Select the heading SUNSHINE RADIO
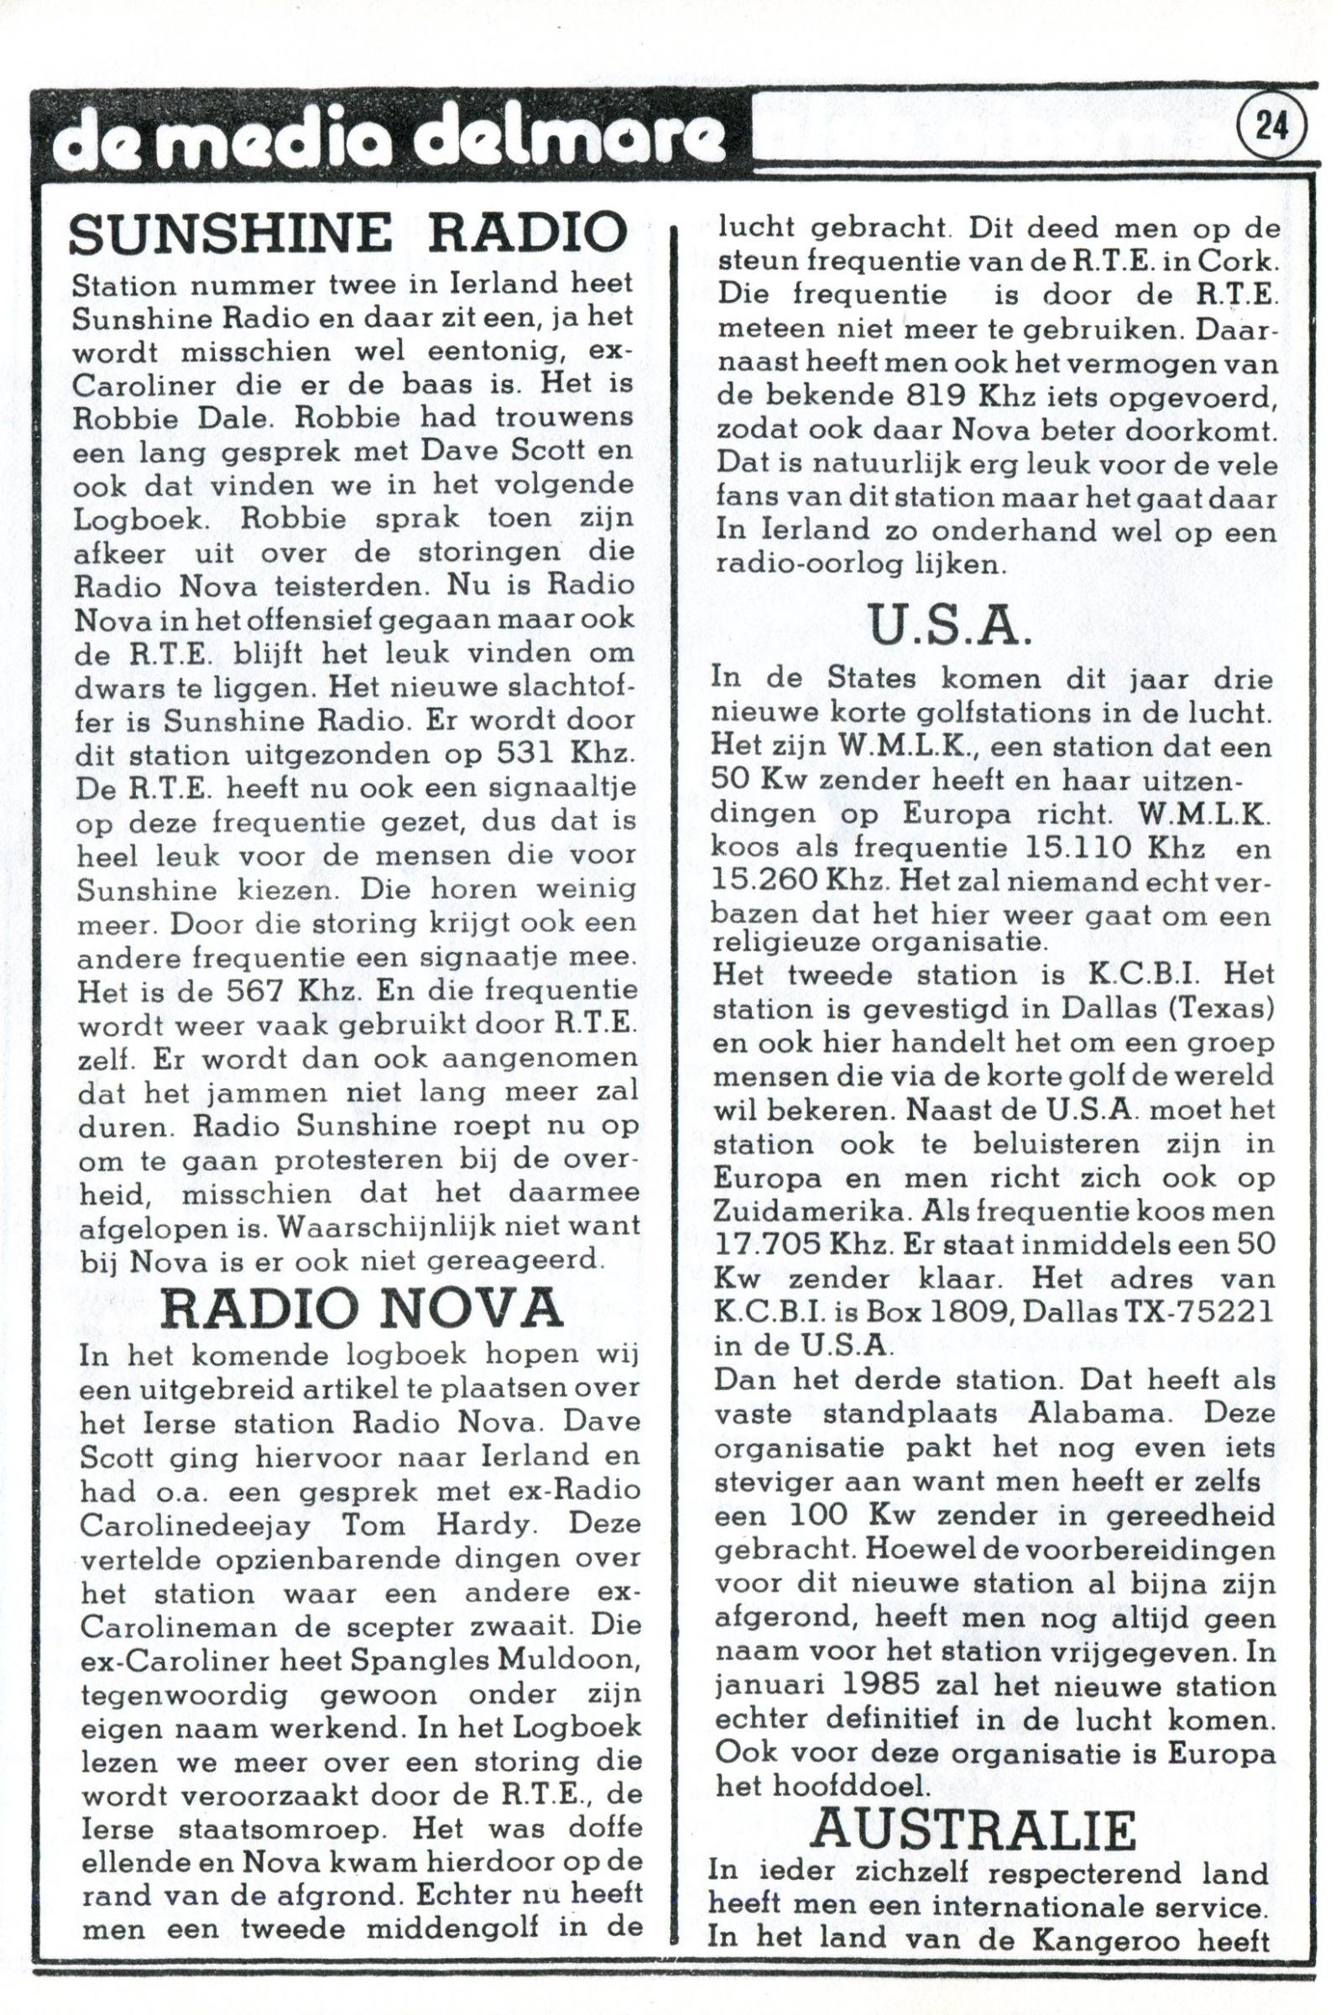point(347,233)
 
